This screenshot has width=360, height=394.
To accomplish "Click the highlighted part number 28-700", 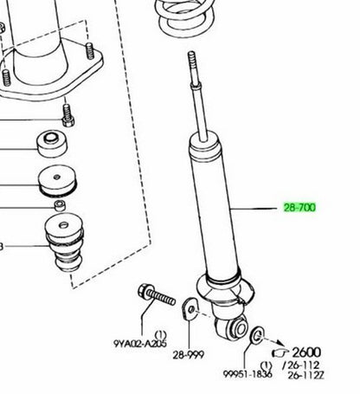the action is [x=299, y=208].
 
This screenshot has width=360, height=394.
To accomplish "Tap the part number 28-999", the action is [x=189, y=355].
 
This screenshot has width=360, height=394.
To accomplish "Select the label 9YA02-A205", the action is [x=140, y=344].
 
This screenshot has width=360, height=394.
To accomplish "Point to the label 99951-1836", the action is [x=247, y=374].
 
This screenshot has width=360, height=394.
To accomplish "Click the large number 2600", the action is [x=306, y=352].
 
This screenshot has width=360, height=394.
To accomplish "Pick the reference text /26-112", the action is [x=301, y=365].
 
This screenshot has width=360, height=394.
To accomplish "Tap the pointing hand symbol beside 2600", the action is [x=280, y=352].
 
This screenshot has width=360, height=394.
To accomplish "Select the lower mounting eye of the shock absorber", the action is [x=232, y=326].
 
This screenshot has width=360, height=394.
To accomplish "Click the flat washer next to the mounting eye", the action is [x=257, y=335].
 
